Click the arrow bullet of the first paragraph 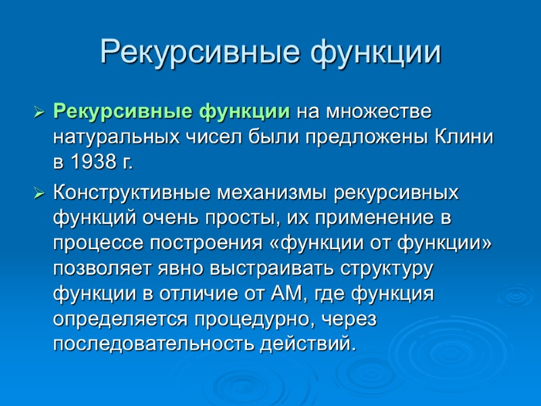point(39,110)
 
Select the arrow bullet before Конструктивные point(39,194)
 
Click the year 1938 point(91,162)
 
